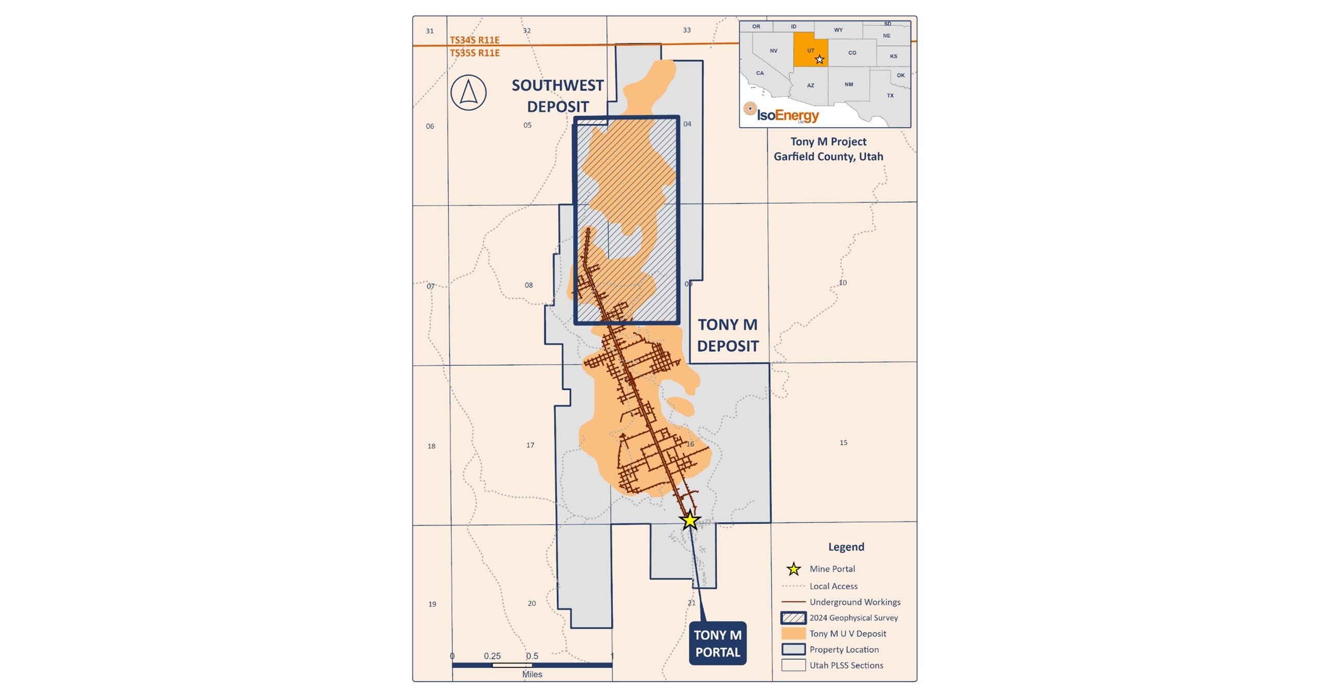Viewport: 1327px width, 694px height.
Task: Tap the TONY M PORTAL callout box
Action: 717,644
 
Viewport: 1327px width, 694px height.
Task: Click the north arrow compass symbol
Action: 468,93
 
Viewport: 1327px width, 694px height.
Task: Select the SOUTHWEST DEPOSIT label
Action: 558,96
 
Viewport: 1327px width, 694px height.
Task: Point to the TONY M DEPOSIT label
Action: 728,335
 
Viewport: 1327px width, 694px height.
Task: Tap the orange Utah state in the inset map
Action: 810,50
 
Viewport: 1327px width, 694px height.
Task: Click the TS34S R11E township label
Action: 475,40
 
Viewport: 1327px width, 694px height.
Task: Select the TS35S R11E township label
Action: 475,53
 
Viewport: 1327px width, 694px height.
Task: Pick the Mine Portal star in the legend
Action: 794,569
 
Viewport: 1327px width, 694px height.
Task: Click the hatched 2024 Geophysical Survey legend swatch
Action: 793,618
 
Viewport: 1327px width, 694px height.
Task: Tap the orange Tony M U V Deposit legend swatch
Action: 793,634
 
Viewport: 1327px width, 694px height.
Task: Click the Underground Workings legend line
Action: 793,602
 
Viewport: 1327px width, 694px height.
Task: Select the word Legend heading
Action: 846,547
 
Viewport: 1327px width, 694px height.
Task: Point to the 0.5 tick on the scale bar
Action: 532,656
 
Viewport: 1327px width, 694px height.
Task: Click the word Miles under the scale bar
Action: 532,674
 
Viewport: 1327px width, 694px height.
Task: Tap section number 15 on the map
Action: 843,443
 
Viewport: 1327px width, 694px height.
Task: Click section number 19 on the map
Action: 432,604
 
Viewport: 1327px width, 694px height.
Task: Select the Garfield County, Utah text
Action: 828,157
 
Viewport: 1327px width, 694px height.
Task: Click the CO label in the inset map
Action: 852,53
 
